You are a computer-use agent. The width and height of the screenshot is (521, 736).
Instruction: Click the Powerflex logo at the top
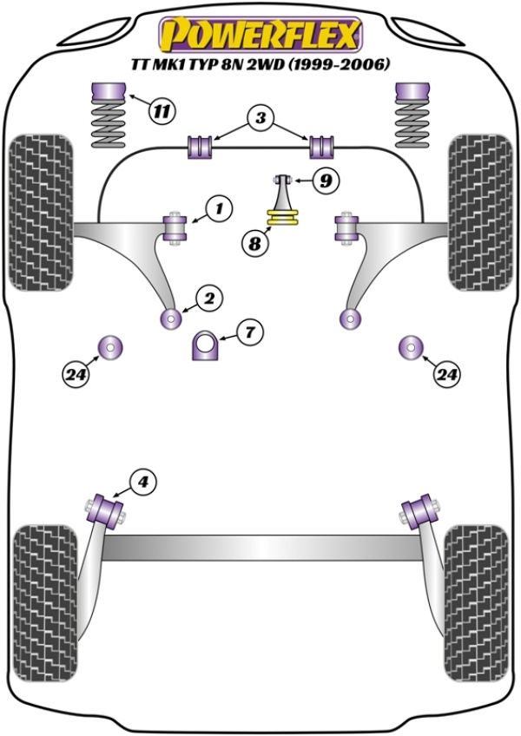click(260, 35)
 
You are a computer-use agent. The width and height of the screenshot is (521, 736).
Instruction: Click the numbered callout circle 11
click(161, 110)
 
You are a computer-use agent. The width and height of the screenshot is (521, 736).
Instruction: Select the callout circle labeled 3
click(259, 118)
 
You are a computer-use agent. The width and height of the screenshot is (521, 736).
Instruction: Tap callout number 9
click(324, 181)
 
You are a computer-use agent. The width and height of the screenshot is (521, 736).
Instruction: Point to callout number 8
click(255, 244)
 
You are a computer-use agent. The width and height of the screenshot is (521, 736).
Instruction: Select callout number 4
click(143, 480)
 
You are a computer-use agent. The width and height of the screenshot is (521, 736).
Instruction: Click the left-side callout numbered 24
click(76, 374)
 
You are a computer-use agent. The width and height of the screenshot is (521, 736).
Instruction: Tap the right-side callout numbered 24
click(446, 374)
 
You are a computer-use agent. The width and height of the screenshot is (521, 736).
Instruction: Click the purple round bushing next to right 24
click(409, 346)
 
